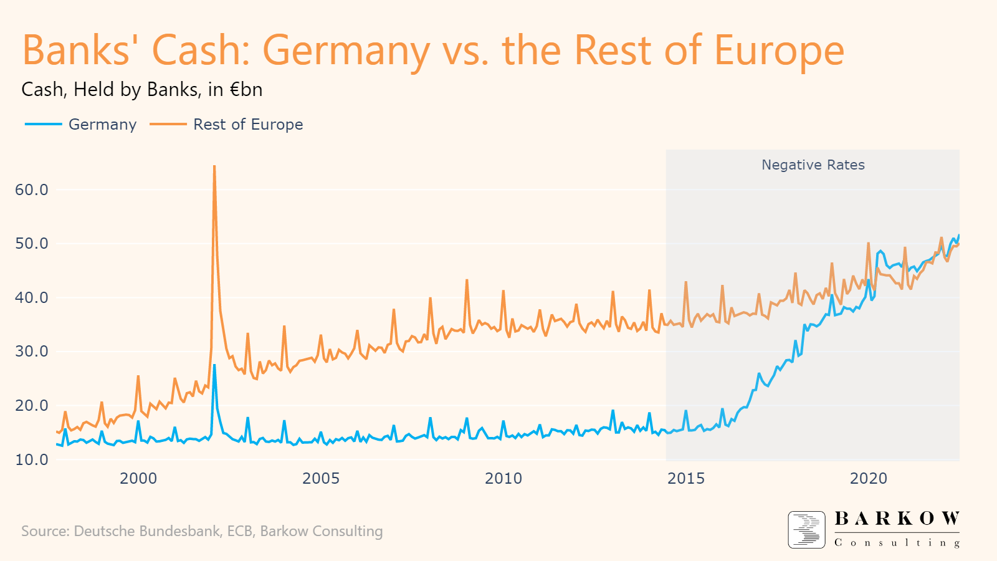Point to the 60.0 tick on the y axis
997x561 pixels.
31,190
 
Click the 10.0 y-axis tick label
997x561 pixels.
31,460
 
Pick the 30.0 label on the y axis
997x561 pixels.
31,352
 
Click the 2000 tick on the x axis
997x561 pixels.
138,479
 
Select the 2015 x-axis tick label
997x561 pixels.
686,479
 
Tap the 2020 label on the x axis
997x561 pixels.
869,479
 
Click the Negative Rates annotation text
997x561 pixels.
813,165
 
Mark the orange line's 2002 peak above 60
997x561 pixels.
214,166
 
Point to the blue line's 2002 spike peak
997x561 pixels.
214,365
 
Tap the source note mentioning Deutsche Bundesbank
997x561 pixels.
202,531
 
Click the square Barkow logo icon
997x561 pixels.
806,530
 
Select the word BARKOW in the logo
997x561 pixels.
897,519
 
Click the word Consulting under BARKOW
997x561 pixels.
897,543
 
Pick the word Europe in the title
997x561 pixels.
779,50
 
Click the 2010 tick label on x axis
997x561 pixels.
503,479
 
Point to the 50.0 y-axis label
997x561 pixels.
31,244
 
